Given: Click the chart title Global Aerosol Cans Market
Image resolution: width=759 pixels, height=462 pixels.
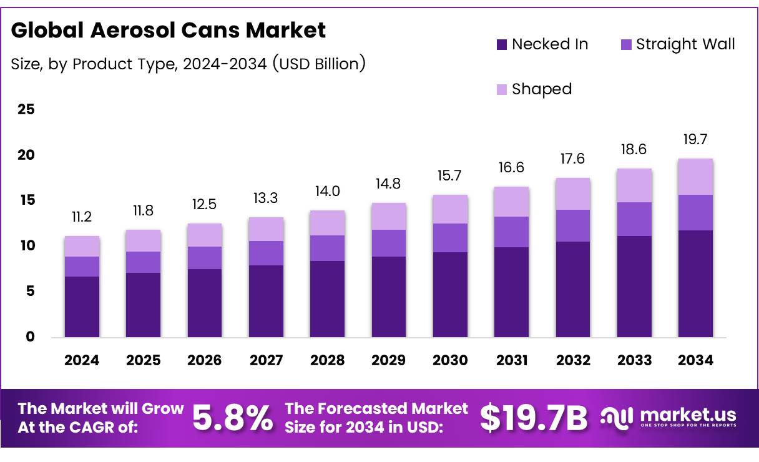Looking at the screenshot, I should coord(169,30).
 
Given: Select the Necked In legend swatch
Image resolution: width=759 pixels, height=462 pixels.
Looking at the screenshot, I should coord(502,45).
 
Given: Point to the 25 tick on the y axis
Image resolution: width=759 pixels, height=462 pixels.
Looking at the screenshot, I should coord(26,110).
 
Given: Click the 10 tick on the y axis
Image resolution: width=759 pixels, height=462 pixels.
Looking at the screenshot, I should coord(26,246).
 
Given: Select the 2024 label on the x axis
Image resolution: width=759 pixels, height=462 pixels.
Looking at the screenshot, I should coord(82,360).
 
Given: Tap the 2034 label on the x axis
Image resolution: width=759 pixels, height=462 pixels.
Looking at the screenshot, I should coord(695,360).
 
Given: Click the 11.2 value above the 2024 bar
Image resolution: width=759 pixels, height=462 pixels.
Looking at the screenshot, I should coord(82,217).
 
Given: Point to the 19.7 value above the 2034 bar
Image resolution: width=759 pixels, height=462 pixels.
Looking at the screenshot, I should coord(695,139).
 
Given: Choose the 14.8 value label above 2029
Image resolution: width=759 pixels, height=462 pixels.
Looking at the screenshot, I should coord(388,184).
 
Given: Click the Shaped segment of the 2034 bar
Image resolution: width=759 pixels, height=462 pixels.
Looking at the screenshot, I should coord(695,177).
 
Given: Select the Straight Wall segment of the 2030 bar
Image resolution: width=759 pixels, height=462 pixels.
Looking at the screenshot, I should coord(450,238).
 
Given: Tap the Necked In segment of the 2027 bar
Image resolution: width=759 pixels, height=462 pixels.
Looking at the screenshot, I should coord(266,301).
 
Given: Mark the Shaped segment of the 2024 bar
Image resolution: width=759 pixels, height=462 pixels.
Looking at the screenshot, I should coord(82,246).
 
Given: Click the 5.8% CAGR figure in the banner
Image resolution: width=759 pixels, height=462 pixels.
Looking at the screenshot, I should coord(232,418).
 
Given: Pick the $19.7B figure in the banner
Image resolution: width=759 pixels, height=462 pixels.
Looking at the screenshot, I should coord(534,418).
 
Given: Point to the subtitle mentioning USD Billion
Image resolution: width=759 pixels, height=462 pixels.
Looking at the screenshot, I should coord(188,64).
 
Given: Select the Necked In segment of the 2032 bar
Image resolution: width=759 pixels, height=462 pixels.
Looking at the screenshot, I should coord(573,289).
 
